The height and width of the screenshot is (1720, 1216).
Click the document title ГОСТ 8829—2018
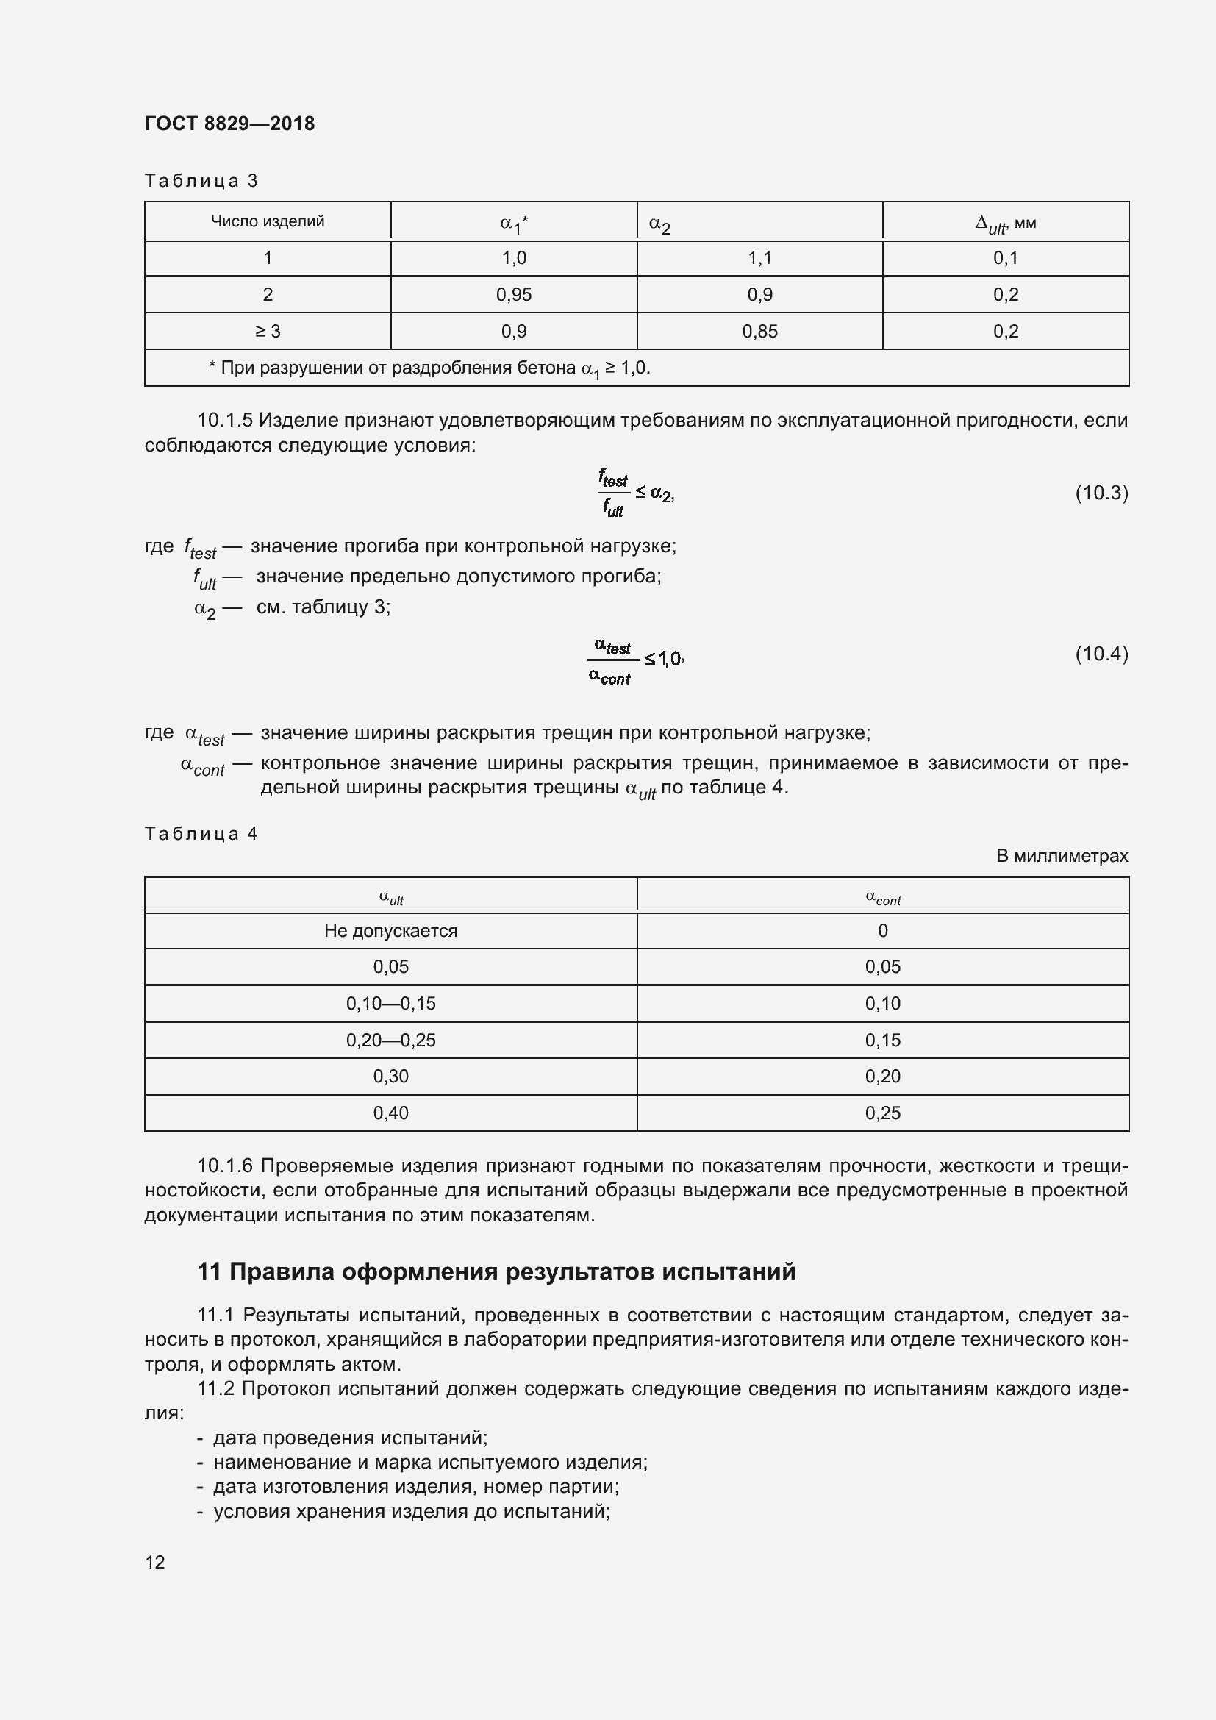pos(229,124)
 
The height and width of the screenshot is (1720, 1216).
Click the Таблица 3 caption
pos(201,181)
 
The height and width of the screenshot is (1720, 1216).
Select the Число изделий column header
pos(268,221)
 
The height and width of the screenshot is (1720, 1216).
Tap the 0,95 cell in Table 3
pos(514,294)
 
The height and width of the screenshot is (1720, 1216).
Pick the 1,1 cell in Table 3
pos(759,257)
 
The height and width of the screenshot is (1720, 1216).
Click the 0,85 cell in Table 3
pos(759,331)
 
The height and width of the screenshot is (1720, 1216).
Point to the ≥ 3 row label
pos(268,331)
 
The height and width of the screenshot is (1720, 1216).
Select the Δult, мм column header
pos(1005,223)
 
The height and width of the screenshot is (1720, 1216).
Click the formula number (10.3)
pos(1101,492)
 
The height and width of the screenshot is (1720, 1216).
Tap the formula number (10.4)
pos(1101,654)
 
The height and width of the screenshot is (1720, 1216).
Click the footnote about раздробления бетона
pos(429,368)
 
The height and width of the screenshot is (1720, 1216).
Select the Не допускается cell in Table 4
pos(390,930)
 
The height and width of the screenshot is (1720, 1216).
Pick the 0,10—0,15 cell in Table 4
pos(390,1003)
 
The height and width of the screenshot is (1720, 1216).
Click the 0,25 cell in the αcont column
pos(882,1113)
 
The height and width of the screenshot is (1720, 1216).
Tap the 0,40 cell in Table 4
pos(390,1113)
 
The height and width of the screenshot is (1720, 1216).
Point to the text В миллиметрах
pos(1061,855)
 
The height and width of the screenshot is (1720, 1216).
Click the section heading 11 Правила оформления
pos(496,1271)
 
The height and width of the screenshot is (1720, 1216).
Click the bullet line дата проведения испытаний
pos(350,1438)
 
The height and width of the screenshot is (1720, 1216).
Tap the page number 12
pos(155,1562)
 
